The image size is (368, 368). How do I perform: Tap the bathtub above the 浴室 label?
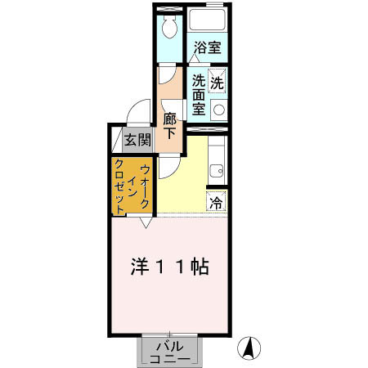pyautogui.click(x=207, y=22)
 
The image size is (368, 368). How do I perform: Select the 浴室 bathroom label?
pyautogui.click(x=207, y=48)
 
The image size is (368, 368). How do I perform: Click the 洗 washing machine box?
pyautogui.click(x=217, y=82)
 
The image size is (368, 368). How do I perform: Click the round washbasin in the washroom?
pyautogui.click(x=218, y=109)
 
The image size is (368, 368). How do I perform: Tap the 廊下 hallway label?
pyautogui.click(x=170, y=128)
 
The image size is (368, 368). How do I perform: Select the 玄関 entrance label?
pyautogui.click(x=137, y=139)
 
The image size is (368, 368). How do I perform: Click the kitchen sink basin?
pyautogui.click(x=217, y=171)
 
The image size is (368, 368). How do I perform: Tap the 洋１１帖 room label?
pyautogui.click(x=170, y=267)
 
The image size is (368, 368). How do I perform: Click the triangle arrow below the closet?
pyautogui.click(x=146, y=221)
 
